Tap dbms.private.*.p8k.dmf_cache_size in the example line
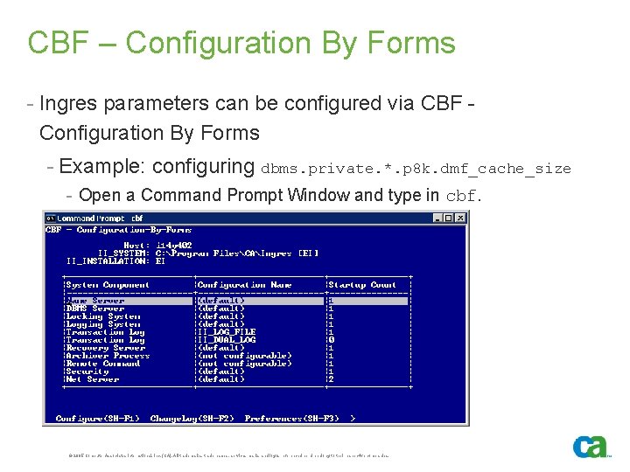[416, 169]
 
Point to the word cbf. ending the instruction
[463, 197]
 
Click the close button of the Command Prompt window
[460, 219]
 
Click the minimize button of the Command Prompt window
[437, 219]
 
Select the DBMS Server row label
[95, 309]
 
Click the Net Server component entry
[93, 379]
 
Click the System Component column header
[108, 285]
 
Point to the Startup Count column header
[362, 285]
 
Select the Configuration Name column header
[244, 285]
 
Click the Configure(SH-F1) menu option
[96, 418]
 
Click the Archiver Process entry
[108, 356]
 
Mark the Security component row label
[87, 371]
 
